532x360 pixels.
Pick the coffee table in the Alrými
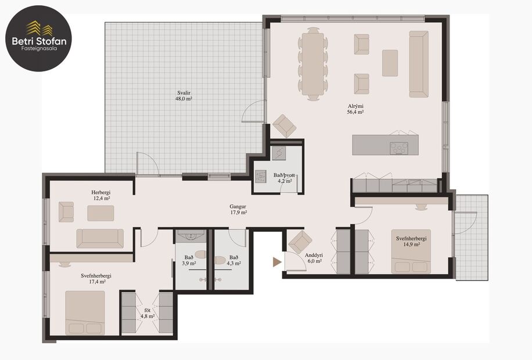(390, 63)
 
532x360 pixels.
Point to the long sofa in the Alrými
(418, 64)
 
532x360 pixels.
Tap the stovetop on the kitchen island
(399, 147)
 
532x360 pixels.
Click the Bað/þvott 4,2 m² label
(284, 177)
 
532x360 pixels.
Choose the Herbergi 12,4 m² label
(100, 195)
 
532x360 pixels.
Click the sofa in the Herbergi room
(100, 238)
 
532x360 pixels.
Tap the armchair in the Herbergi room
(66, 212)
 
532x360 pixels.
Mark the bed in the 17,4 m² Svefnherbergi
(85, 312)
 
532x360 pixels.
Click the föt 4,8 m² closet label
(148, 314)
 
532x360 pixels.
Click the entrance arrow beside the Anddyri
(277, 262)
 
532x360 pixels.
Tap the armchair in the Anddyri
(300, 241)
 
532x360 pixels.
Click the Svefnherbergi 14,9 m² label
(412, 241)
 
